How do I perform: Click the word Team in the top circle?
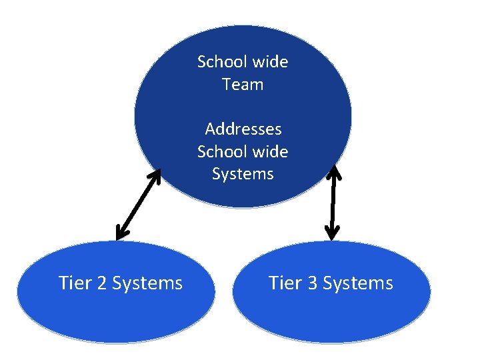(x=243, y=85)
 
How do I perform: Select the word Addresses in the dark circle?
(x=243, y=129)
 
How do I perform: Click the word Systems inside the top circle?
(x=243, y=174)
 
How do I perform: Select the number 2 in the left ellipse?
(x=101, y=283)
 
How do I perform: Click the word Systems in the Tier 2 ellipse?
(x=147, y=283)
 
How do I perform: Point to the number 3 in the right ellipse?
(x=312, y=283)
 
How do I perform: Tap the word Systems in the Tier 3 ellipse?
(x=357, y=283)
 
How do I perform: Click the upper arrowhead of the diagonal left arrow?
(x=156, y=175)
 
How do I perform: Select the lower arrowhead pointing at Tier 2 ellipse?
(x=121, y=234)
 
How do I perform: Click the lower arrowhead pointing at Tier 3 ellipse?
(x=333, y=234)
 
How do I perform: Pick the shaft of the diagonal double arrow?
(x=139, y=204)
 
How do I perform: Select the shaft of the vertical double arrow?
(x=333, y=203)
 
